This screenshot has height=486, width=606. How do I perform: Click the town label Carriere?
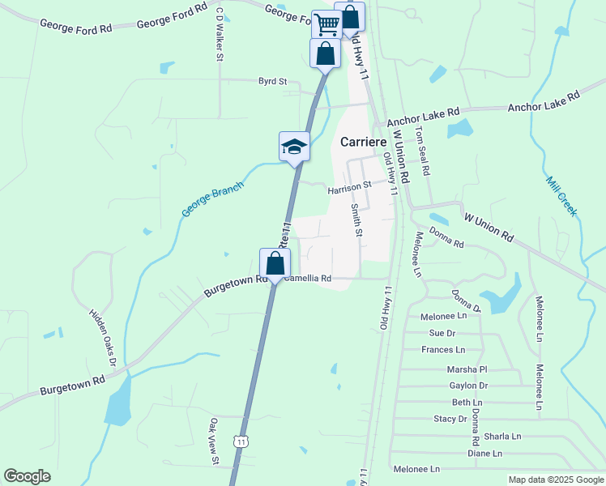click(x=364, y=141)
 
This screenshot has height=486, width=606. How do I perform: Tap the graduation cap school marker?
click(x=294, y=147)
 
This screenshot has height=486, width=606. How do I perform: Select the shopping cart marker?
click(x=326, y=24)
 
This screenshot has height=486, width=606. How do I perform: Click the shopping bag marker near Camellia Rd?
click(x=275, y=263)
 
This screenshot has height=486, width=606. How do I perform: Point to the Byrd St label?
click(x=272, y=81)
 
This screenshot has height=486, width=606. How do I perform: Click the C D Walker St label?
click(x=219, y=35)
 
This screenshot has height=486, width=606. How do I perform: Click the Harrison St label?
click(x=349, y=189)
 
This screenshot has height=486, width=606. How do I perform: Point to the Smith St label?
click(x=356, y=220)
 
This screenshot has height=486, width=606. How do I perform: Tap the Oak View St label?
click(x=215, y=441)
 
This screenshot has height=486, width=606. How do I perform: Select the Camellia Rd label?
click(x=308, y=278)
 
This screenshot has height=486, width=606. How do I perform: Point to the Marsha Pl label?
click(x=466, y=369)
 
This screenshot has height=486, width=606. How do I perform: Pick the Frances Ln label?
click(x=443, y=350)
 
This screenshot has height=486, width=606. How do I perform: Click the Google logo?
click(x=27, y=476)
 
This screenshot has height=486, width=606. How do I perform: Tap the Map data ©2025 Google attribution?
click(x=555, y=480)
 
